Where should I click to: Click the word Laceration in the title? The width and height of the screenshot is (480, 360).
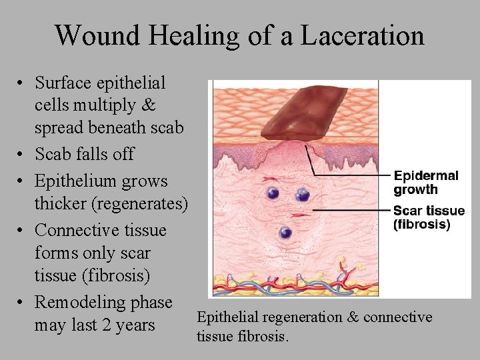point(362,35)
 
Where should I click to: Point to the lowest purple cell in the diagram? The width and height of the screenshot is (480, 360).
point(286,233)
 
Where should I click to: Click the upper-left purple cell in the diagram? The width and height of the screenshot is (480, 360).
point(272,193)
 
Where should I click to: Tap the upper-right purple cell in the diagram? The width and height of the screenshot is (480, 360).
point(303,195)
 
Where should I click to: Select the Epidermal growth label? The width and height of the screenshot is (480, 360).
point(426,182)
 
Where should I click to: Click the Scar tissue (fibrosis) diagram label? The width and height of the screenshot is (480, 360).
point(429,217)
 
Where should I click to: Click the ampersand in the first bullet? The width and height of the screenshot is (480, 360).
point(149,105)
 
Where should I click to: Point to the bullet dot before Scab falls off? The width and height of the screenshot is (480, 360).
point(21,154)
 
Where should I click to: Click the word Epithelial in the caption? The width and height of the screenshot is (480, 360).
point(227,317)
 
